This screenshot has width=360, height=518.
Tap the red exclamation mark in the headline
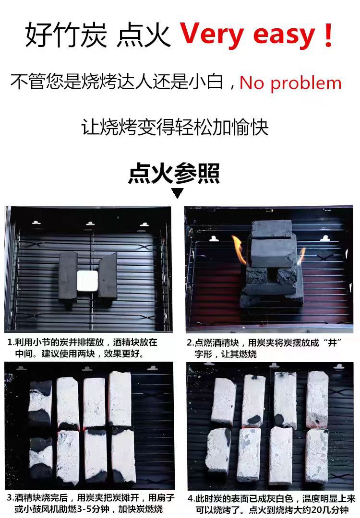tap(328, 34)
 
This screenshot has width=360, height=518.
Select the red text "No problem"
tap(290, 83)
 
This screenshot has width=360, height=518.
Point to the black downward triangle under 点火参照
tap(178, 193)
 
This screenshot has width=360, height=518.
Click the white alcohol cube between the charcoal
tap(88, 281)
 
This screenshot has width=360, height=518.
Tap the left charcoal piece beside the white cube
tap(68, 277)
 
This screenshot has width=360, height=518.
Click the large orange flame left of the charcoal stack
tap(239, 249)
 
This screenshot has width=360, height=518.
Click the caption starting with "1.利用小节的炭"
tap(82, 348)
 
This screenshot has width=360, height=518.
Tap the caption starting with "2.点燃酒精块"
tap(264, 348)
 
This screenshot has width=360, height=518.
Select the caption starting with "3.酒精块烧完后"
tap(90, 503)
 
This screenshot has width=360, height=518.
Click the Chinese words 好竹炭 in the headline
tap(66, 35)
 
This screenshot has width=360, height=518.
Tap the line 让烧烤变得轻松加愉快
tap(175, 127)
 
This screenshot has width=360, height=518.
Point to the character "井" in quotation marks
tap(332, 342)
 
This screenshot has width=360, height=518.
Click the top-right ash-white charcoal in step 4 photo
tap(317, 400)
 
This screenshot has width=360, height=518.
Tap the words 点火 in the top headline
tap(144, 35)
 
